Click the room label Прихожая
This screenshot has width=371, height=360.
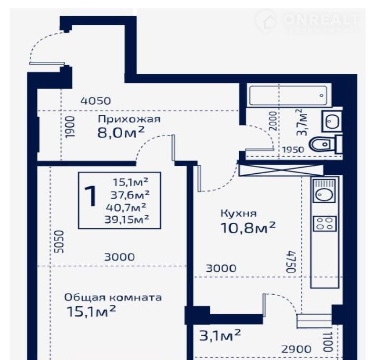(x=129, y=119)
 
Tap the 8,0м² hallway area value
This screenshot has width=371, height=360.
(x=121, y=132)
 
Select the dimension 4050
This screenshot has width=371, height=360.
(x=96, y=101)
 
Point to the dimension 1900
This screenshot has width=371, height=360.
(x=70, y=127)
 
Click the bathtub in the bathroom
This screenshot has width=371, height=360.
(x=288, y=96)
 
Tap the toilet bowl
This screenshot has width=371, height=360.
(x=323, y=144)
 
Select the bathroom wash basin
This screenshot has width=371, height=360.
(x=332, y=121)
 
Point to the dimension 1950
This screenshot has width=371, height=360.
(x=293, y=150)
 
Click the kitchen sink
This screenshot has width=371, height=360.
(x=324, y=190)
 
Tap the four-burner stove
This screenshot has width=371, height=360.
(x=324, y=224)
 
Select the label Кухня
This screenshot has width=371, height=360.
(x=238, y=214)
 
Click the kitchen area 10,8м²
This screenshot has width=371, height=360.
(x=248, y=228)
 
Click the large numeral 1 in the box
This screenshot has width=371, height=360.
(x=91, y=196)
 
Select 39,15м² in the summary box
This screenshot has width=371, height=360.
(x=127, y=220)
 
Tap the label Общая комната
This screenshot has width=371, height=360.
(x=113, y=298)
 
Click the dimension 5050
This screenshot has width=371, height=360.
(x=59, y=242)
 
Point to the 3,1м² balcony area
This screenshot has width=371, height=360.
(x=220, y=335)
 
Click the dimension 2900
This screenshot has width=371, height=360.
(x=296, y=350)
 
